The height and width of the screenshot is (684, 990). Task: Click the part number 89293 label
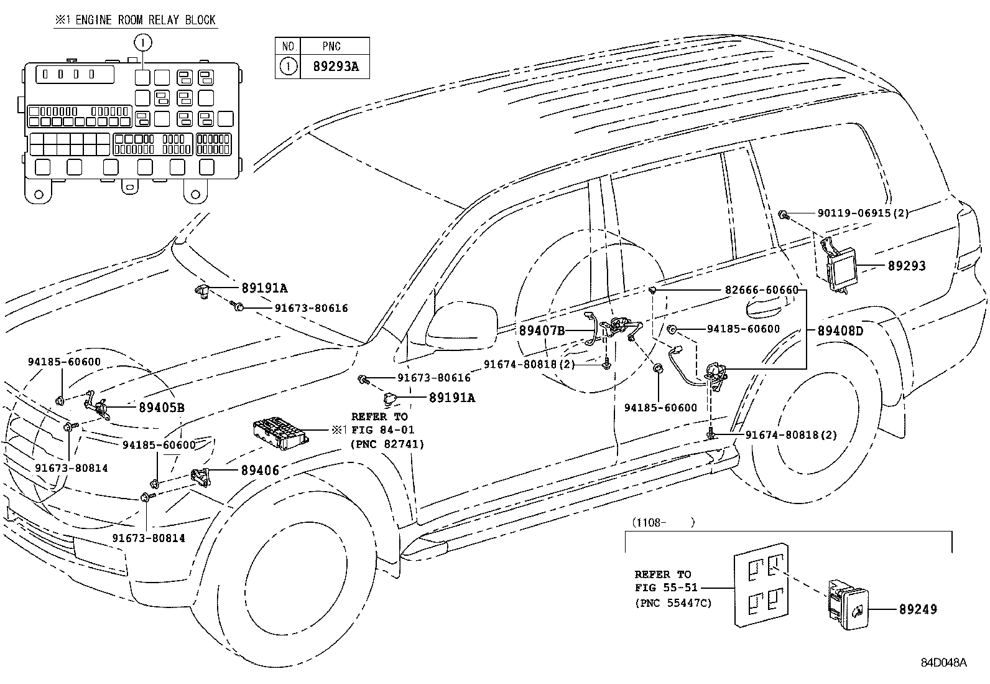pos(906,266)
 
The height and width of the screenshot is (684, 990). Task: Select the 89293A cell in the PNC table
pos(335,66)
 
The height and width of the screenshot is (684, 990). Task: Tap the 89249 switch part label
pos(917,609)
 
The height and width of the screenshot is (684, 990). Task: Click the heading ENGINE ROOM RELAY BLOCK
pos(135,20)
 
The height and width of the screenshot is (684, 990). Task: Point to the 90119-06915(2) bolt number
pos(863,213)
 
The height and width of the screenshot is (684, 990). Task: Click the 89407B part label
pos(542,331)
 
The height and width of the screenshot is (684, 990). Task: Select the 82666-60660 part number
pos(761,290)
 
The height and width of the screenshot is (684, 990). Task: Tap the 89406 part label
pos(260,471)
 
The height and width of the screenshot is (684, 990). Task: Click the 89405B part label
pos(161,408)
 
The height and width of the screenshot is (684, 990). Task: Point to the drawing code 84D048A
pos(943,662)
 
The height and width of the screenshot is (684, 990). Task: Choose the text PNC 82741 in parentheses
pos(387,444)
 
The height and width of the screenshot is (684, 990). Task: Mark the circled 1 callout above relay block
pos(142,42)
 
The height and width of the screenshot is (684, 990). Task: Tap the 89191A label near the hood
pos(264,288)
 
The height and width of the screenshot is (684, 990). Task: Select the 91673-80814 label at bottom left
pos(149,538)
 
